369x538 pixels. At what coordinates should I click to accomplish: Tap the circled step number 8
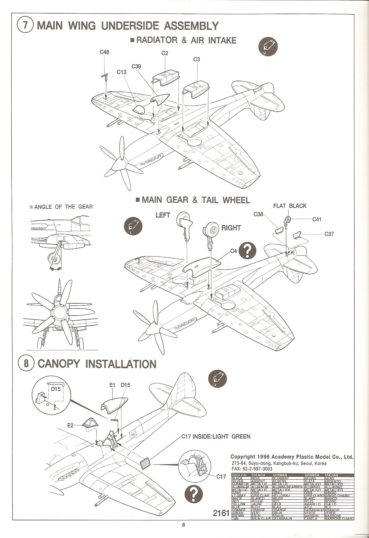pos(26,364)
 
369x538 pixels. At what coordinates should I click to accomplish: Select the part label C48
pos(104,52)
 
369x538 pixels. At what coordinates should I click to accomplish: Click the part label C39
pos(136,66)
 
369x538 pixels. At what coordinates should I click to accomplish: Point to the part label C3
pos(197,59)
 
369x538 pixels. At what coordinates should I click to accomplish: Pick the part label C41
pos(317,219)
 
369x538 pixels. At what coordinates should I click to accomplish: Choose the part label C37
pos(329,234)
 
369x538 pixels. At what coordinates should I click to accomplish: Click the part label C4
pos(233,251)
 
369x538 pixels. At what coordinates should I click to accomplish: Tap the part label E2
pos(70,426)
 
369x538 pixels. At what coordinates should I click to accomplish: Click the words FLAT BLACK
pos(290,206)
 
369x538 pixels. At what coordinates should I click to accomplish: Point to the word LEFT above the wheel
pos(163,215)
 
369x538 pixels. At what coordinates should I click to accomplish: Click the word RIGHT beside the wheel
pos(231,228)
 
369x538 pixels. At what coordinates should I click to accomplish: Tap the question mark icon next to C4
pos(247,250)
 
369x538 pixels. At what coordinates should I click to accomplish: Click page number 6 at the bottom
pos(183,532)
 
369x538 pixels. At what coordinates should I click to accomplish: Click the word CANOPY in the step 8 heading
pos(59,364)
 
